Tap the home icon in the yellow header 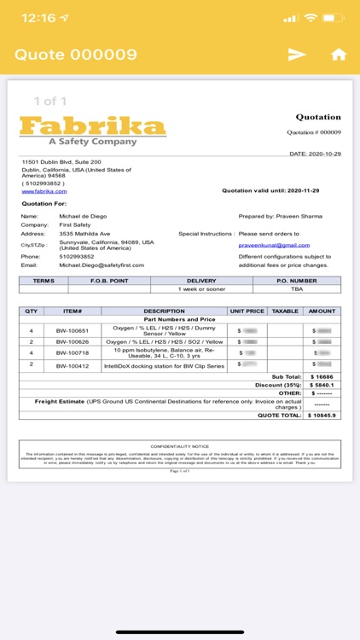coord(339,55)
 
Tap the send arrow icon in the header coord(297,55)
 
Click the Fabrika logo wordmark coord(92,127)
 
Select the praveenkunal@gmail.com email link coord(274,245)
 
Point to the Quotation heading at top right coord(318,117)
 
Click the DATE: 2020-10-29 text coord(316,154)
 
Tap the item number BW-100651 coord(73,329)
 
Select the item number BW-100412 coord(73,364)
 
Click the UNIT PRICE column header coord(247,311)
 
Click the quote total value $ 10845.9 coord(322,415)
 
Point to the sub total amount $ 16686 coord(322,375)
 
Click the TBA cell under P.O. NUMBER coord(296,288)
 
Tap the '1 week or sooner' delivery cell coord(201,288)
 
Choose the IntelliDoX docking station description coord(164,364)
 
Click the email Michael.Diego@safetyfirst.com coord(102,265)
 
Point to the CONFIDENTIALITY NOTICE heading coord(179,446)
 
